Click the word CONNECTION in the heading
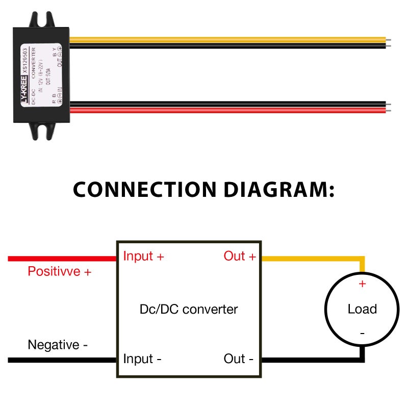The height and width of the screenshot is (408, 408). tap(145, 189)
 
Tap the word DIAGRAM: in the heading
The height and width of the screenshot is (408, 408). tap(278, 189)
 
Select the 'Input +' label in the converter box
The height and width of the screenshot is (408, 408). tap(144, 256)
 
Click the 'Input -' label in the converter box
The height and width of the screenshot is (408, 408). tap(142, 359)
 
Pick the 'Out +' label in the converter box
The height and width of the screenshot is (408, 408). tap(240, 256)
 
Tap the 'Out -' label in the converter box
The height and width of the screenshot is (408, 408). tap(238, 359)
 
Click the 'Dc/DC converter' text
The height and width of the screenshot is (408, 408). tap(189, 309)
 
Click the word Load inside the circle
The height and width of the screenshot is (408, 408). tap(362, 309)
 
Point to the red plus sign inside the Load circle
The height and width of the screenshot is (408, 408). tap(362, 284)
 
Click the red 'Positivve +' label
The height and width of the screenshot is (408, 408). tap(59, 271)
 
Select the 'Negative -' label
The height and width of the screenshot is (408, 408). tap(58, 345)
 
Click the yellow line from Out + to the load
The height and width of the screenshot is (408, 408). tap(311, 258)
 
